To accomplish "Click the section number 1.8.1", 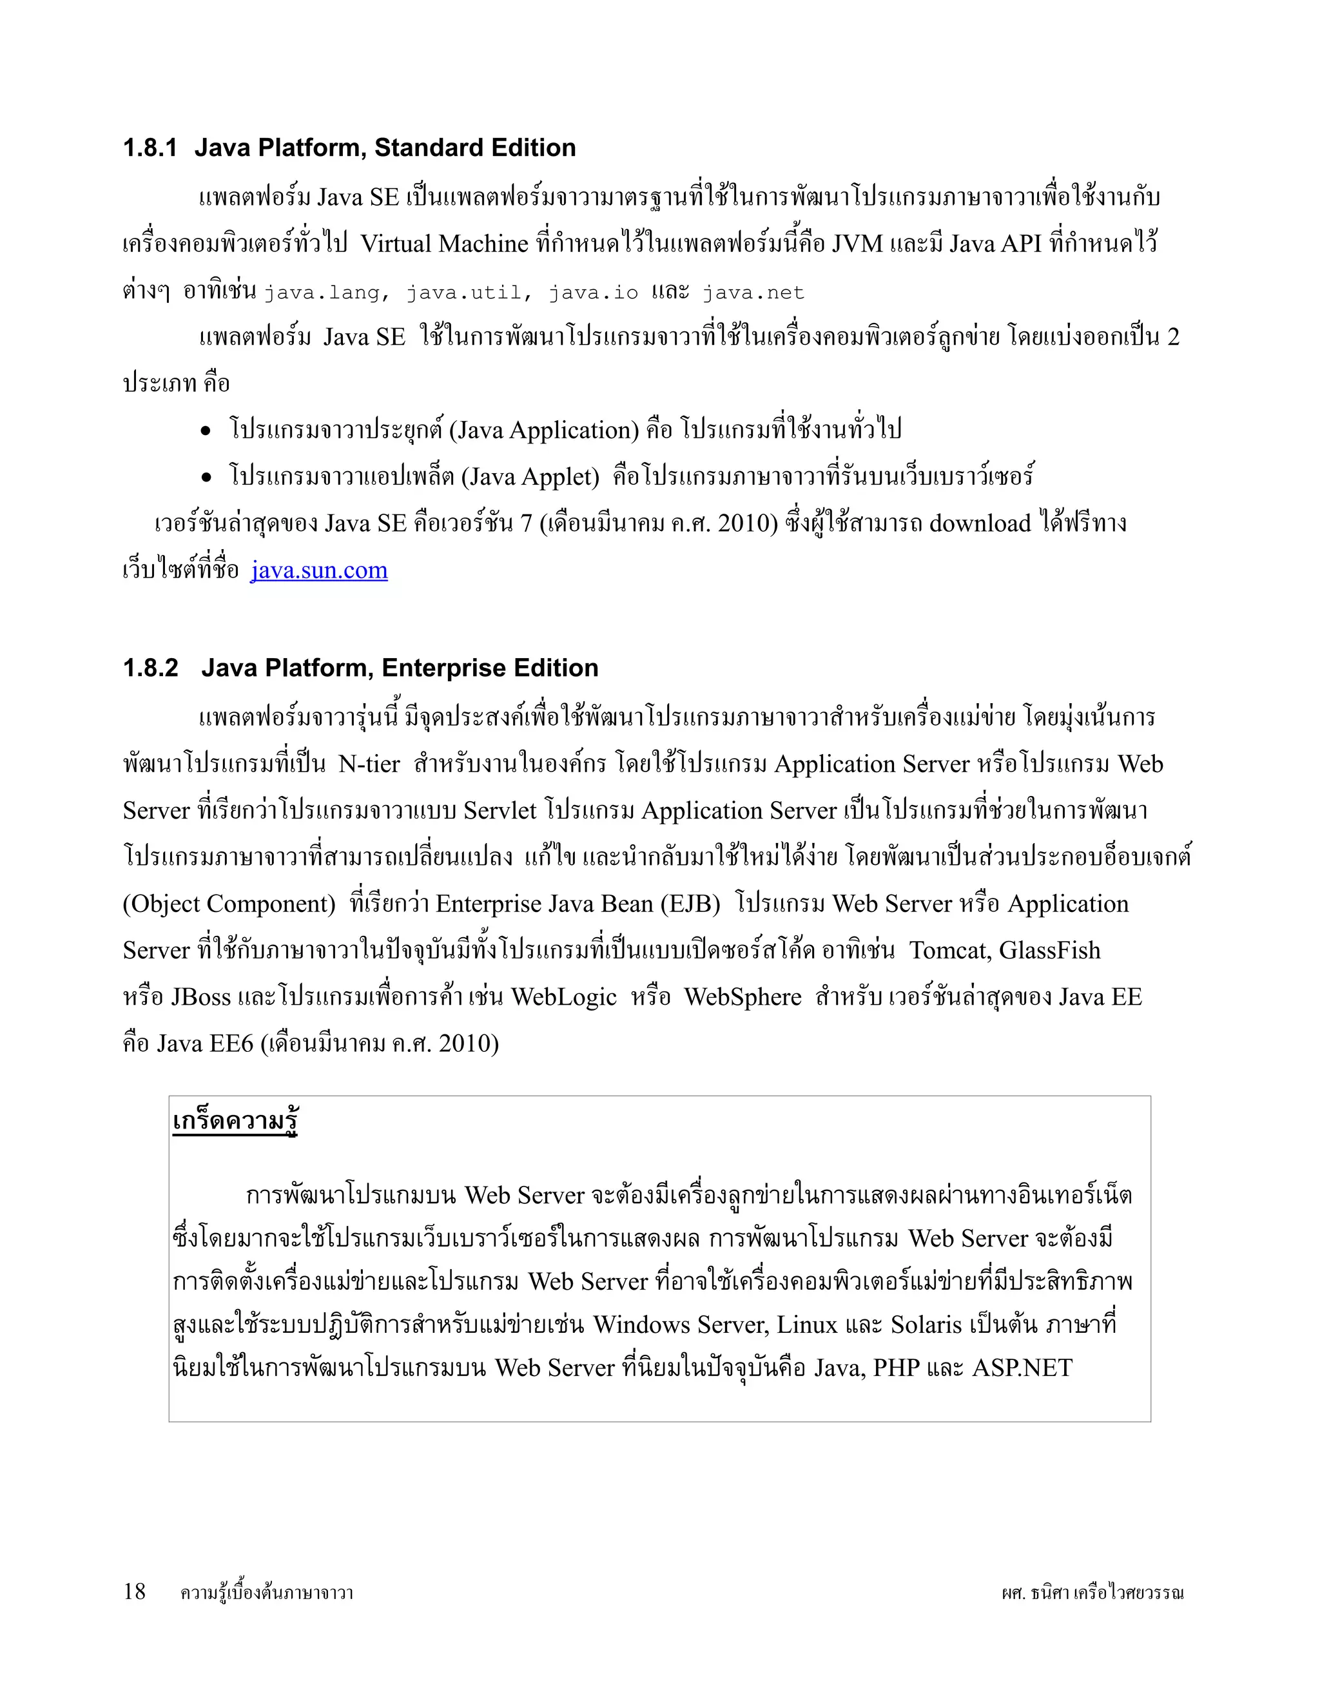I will pyautogui.click(x=150, y=148).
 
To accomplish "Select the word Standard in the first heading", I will pyautogui.click(x=426, y=148).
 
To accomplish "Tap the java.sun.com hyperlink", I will pyautogui.click(x=319, y=570).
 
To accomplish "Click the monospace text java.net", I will pyautogui.click(x=753, y=293).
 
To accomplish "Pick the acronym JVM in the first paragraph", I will pyautogui.click(x=857, y=244).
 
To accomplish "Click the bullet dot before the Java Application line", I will pyautogui.click(x=206, y=431).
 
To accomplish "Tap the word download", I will pyautogui.click(x=980, y=523).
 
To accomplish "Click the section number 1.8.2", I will pyautogui.click(x=151, y=668).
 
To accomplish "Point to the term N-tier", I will pyautogui.click(x=369, y=764).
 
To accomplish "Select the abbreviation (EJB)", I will pyautogui.click(x=690, y=904).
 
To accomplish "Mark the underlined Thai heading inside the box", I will pyautogui.click(x=235, y=1121).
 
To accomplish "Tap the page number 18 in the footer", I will pyautogui.click(x=135, y=1591).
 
